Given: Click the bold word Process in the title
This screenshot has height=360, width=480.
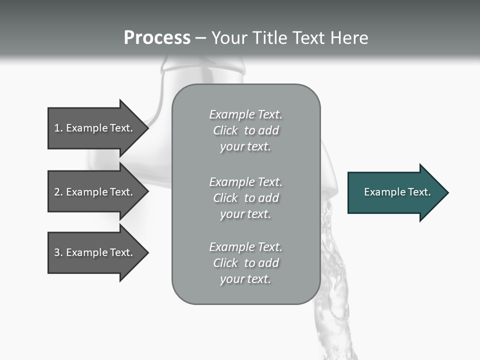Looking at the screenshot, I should coord(157,38).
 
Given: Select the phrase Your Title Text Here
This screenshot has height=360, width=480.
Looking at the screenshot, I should coord(289,38).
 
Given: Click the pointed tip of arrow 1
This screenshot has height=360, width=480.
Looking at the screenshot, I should coord(146,128).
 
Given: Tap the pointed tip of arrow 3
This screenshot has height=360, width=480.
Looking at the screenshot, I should coord(146,252).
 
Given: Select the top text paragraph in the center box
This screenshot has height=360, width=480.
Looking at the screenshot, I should coord(245,130).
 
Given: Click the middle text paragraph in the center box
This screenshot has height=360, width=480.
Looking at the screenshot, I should coord(245,198).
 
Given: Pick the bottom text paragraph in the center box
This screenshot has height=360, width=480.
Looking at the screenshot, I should coord(245,263).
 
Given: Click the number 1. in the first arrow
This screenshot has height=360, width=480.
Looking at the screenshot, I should coord(58,128).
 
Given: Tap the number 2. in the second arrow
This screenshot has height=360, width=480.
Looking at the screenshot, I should coord(58,192).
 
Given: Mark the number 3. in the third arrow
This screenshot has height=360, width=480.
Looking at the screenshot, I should coord(58,252).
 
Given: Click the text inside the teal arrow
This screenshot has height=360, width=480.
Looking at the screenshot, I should coord(397,192).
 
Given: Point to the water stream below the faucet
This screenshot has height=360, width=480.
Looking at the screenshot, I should coord(332,280).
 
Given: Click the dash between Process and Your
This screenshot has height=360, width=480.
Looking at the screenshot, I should coord(201,38).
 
